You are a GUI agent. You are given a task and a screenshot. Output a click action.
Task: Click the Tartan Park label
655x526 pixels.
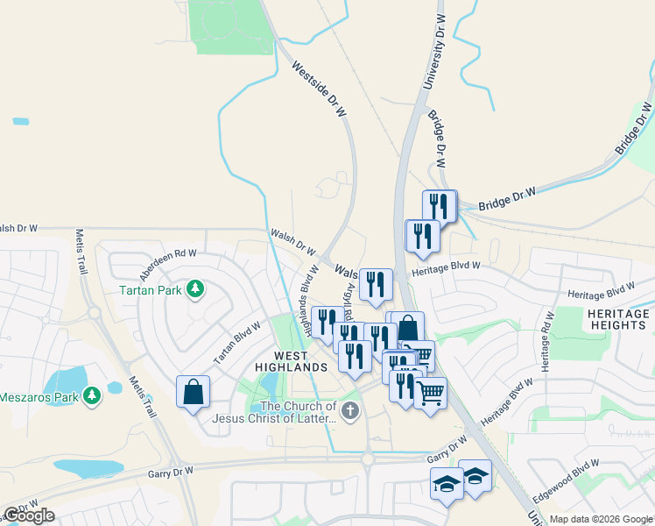(151, 288)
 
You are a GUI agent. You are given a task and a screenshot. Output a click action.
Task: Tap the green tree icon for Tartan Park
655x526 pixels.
(196, 288)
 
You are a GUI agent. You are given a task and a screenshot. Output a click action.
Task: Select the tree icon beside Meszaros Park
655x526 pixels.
(90, 396)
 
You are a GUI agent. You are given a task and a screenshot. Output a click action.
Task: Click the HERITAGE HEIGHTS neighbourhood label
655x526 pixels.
(616, 319)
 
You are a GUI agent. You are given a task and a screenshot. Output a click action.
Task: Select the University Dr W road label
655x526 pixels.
(430, 52)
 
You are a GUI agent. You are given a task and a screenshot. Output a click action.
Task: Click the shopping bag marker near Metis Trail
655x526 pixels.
(193, 392)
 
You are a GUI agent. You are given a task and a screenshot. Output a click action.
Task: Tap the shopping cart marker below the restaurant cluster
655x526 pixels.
(430, 394)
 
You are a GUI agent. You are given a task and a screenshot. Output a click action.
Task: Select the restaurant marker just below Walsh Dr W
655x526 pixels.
(376, 284)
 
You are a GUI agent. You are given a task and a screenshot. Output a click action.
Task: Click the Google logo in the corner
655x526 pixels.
(29, 515)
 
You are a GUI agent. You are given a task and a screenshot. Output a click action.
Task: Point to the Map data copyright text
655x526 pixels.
(602, 519)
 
